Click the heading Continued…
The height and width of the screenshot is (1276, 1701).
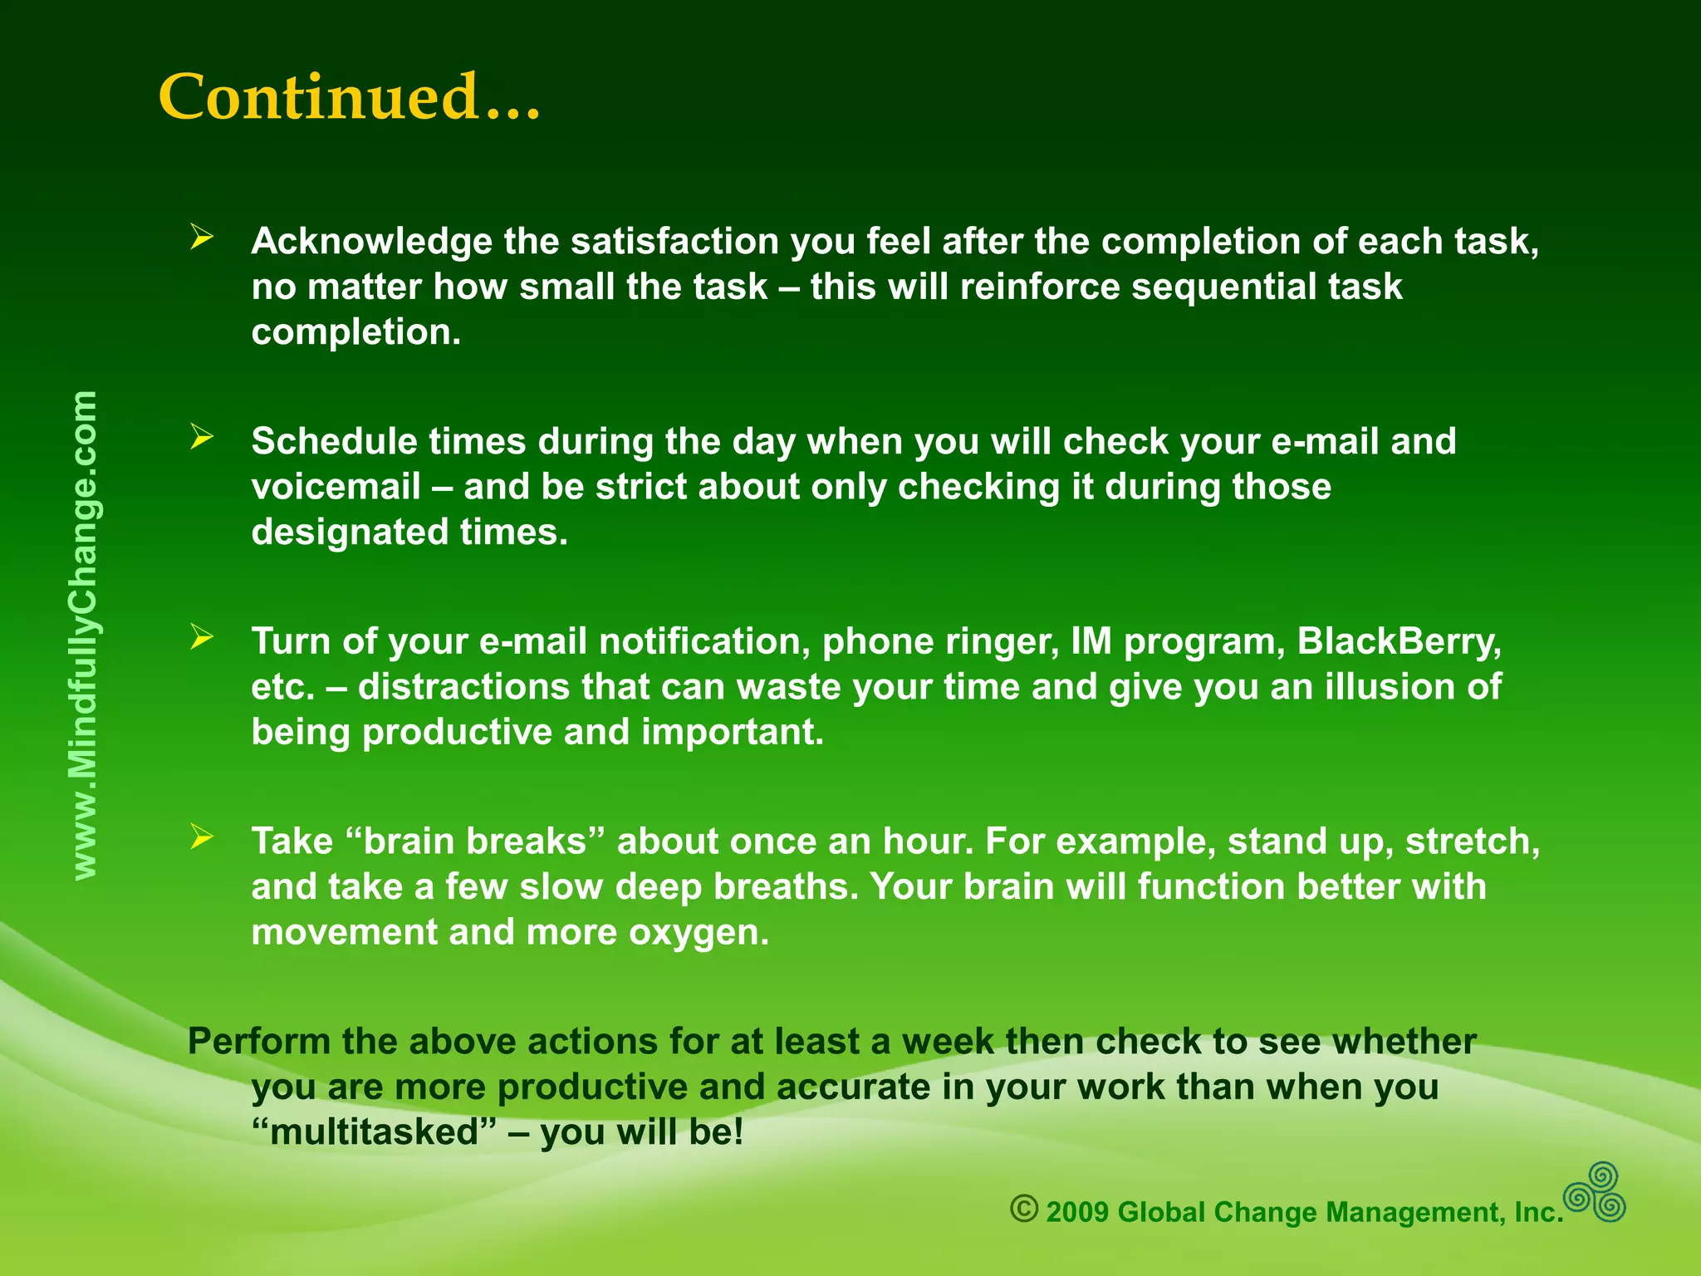pos(349,97)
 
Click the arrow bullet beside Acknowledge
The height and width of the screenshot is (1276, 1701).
pos(201,237)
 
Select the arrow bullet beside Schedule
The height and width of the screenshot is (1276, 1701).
pos(201,436)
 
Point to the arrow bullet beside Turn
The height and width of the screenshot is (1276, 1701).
pos(201,637)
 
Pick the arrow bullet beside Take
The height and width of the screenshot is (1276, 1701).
pos(201,837)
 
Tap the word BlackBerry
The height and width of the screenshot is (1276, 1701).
pos(1398,641)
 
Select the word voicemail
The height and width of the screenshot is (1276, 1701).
pos(336,487)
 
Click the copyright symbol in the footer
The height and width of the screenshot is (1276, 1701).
pos(1024,1209)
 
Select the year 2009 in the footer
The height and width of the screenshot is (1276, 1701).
pos(1077,1213)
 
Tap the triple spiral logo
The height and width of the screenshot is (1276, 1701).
pos(1595,1193)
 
